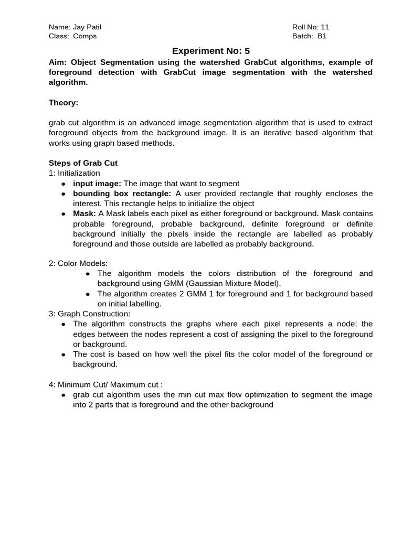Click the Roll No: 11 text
click(x=311, y=27)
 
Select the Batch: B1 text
click(x=309, y=36)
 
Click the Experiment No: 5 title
click(x=211, y=51)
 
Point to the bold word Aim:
click(x=58, y=62)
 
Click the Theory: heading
click(x=63, y=103)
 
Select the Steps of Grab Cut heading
click(x=83, y=163)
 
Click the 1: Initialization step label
click(x=75, y=173)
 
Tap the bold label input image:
click(x=97, y=184)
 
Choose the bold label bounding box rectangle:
click(x=122, y=194)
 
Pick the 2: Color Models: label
click(x=78, y=263)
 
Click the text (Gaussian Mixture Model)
click(x=238, y=283)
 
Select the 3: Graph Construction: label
click(x=89, y=314)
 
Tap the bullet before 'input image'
click(x=63, y=184)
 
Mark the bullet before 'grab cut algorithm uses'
click(x=63, y=395)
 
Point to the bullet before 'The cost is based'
click(x=63, y=355)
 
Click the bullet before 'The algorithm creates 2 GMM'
click(x=88, y=294)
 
